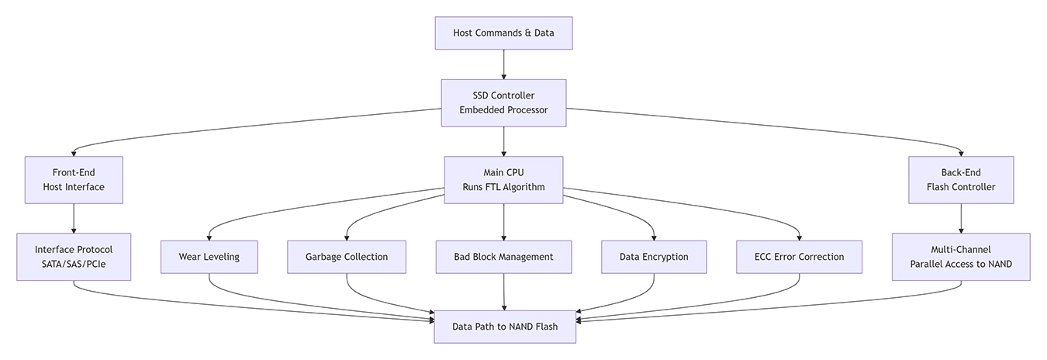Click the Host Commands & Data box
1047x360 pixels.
[503, 33]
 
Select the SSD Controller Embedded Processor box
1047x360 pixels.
[503, 102]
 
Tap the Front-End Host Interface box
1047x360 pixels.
[74, 180]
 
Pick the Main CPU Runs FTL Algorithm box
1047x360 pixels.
[503, 180]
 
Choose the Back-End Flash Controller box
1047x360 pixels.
[961, 180]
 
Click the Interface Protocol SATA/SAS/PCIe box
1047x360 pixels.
[74, 257]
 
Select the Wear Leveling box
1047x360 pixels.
[209, 257]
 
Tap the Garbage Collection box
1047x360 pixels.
[347, 257]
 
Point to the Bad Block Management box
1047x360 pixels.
[504, 257]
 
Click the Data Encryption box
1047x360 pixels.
[654, 257]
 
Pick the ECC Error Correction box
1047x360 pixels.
[799, 257]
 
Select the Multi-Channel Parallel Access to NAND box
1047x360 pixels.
[961, 257]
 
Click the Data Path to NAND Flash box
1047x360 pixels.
[504, 327]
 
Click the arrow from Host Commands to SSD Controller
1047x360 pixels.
[504, 64]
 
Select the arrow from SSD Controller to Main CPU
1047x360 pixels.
[504, 141]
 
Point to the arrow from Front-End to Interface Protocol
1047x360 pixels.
[74, 218]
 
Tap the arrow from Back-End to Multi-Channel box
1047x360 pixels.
[961, 218]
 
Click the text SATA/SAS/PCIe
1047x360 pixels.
[74, 265]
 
